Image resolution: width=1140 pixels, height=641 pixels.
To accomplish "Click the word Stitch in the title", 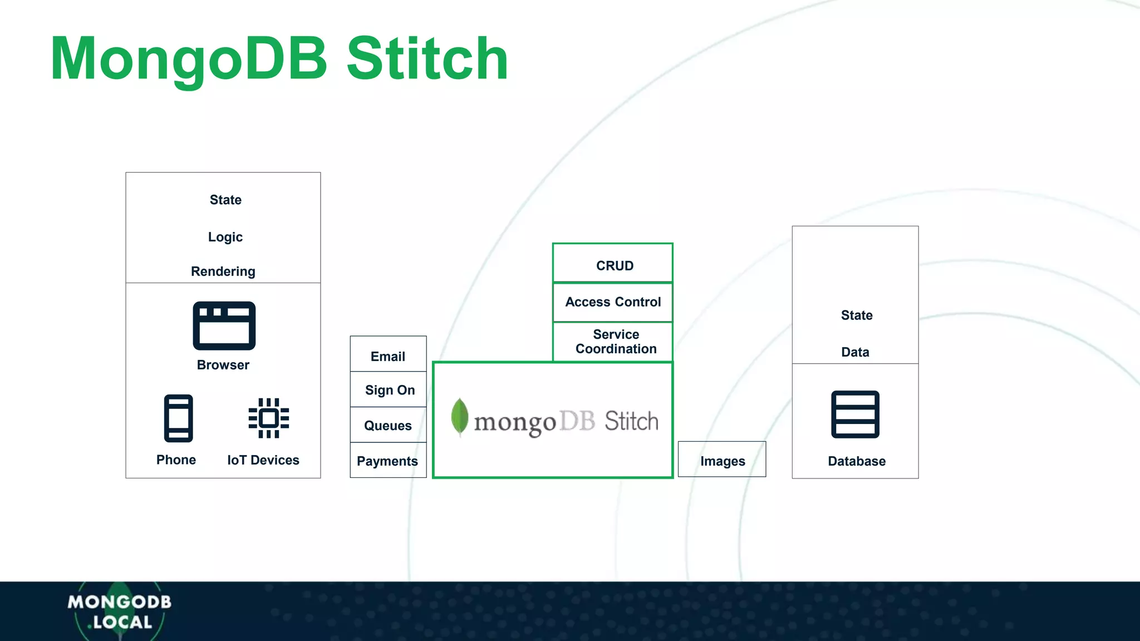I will pyautogui.click(x=427, y=59).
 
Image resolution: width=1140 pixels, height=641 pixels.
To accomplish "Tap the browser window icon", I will pyautogui.click(x=224, y=326).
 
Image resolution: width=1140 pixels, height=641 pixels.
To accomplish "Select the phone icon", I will pyautogui.click(x=178, y=418).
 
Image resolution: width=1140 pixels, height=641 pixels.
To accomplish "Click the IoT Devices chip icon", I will pyautogui.click(x=268, y=418).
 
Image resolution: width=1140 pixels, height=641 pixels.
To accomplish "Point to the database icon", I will pyautogui.click(x=855, y=415).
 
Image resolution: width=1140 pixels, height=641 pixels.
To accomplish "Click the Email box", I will pyautogui.click(x=388, y=354).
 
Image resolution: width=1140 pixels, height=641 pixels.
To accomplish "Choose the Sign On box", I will pyautogui.click(x=389, y=389).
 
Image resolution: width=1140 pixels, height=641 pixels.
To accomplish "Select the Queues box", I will pyautogui.click(x=388, y=425).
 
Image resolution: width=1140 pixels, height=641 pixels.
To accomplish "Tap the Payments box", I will pyautogui.click(x=387, y=460).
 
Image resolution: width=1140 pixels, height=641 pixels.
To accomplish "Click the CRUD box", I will pyautogui.click(x=613, y=264).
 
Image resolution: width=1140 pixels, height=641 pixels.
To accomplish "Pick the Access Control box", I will pyautogui.click(x=613, y=302).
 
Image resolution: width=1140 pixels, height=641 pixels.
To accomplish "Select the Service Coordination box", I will pyautogui.click(x=613, y=342).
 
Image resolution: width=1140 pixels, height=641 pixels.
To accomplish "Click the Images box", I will pyautogui.click(x=722, y=460).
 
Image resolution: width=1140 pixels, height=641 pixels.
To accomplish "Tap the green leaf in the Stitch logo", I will pyautogui.click(x=459, y=416).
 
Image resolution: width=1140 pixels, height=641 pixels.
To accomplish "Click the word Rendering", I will pyautogui.click(x=223, y=272).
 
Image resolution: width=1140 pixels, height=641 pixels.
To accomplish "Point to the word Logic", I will pyautogui.click(x=225, y=237).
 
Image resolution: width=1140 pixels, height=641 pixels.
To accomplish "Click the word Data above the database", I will pyautogui.click(x=855, y=352).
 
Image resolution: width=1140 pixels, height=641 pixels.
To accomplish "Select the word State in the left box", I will pyautogui.click(x=225, y=200).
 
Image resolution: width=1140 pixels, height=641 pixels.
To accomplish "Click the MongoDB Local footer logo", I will pyautogui.click(x=119, y=612).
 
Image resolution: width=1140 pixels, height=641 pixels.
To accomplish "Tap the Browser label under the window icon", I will pyautogui.click(x=223, y=365).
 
